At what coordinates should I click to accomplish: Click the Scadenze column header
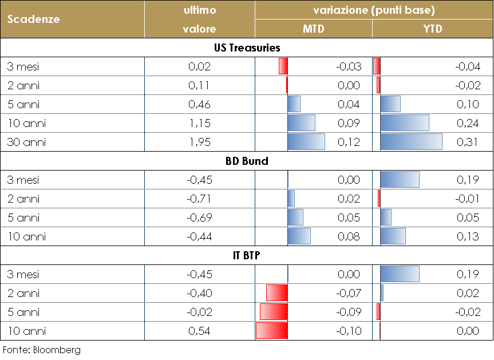point(33,19)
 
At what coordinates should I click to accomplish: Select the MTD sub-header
point(313,29)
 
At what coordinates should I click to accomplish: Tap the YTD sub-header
point(433,29)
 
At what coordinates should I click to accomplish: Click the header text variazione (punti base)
point(374,10)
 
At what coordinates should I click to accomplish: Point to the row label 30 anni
point(26,142)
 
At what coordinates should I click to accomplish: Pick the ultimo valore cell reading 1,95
point(200,142)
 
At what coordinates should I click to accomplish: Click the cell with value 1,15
point(200,123)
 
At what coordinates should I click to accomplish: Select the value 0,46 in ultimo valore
point(200,104)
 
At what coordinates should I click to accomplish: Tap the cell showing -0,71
point(199,199)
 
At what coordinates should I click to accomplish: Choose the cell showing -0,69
point(199,217)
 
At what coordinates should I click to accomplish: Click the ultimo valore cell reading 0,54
point(200,331)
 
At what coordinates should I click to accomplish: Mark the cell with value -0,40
point(199,293)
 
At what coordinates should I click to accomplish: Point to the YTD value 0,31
point(468,142)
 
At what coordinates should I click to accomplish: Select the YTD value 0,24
point(468,123)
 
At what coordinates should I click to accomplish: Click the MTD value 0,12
point(349,142)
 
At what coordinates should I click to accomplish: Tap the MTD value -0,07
point(349,293)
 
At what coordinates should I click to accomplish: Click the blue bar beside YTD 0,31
point(411,142)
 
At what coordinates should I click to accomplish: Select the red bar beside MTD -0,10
point(271,331)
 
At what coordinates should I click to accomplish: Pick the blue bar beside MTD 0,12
point(306,142)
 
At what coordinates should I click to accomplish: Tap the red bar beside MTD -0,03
point(283,66)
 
